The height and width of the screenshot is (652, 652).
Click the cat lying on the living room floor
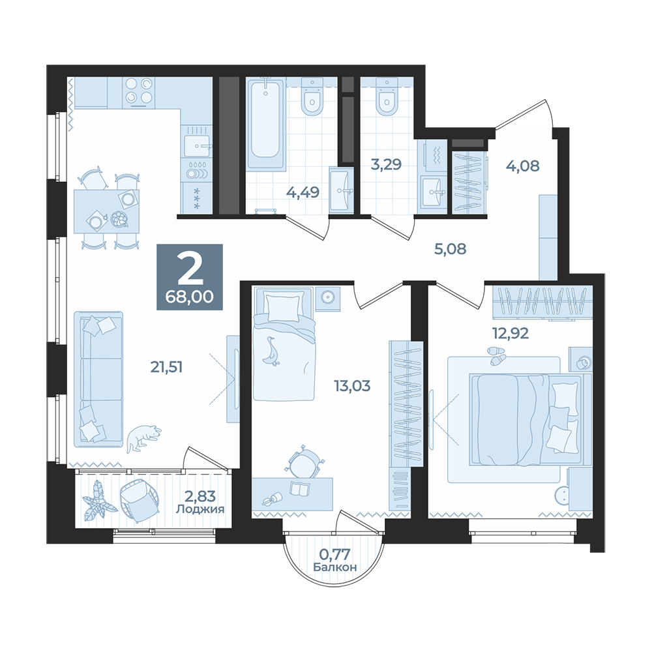[x=143, y=438]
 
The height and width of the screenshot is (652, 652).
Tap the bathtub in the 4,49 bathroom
[x=266, y=124]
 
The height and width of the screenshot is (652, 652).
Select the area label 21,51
[x=166, y=367]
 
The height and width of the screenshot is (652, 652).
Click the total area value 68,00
[x=190, y=297]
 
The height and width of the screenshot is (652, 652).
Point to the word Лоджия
[x=200, y=509]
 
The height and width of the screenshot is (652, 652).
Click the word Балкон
[x=335, y=567]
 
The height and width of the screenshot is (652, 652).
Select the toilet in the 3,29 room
[x=387, y=98]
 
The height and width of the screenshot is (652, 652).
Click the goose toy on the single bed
[x=271, y=351]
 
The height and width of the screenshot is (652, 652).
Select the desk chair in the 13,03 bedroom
[x=304, y=462]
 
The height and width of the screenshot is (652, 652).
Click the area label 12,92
[x=511, y=333]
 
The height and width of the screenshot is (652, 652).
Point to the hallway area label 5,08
[x=451, y=249]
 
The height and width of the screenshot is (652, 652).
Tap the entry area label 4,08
[x=523, y=166]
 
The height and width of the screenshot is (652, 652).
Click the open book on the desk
[x=299, y=488]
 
